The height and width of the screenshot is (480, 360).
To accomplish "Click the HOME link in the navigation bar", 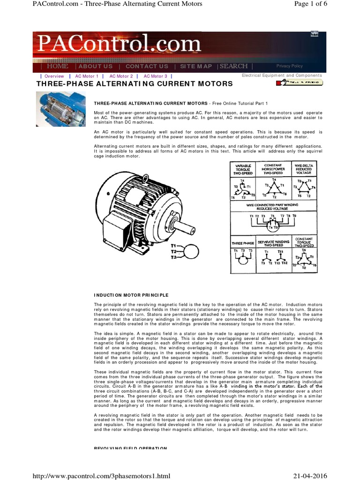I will (x=58, y=67).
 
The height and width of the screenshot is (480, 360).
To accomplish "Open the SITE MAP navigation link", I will (x=196, y=67).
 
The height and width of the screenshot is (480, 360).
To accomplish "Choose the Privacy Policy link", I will (x=289, y=66).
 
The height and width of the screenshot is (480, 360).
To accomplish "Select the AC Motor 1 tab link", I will (x=87, y=76).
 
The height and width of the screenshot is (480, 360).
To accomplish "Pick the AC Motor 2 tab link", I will (x=121, y=76).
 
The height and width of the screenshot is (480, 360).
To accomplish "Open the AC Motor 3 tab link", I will (x=155, y=76).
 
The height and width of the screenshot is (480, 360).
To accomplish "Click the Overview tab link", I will (x=54, y=76).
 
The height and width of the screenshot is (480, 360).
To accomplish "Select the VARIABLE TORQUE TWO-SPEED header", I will (x=243, y=169).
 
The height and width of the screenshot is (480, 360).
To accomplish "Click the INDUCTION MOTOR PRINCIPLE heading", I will (x=131, y=295).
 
